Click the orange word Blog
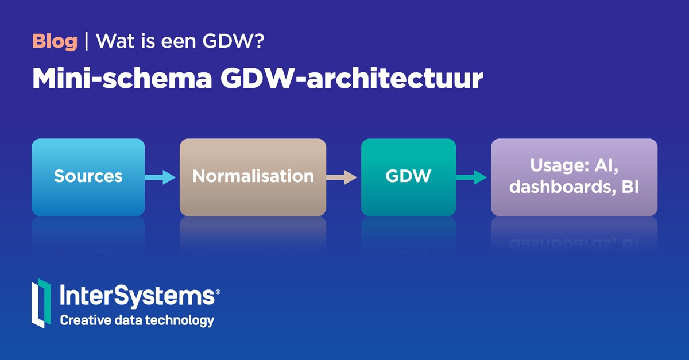(x=55, y=41)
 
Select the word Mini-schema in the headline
(x=122, y=80)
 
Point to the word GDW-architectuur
(x=351, y=80)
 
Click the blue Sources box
(x=88, y=177)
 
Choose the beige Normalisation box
(x=253, y=177)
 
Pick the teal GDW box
(x=408, y=177)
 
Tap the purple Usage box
(x=574, y=177)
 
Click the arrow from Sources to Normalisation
(x=160, y=177)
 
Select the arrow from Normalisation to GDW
(x=342, y=177)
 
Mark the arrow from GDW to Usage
(x=472, y=177)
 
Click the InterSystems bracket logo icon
(x=41, y=303)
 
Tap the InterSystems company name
(x=137, y=297)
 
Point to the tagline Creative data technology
(x=137, y=320)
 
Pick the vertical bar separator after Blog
(x=86, y=41)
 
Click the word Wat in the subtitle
(x=111, y=41)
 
